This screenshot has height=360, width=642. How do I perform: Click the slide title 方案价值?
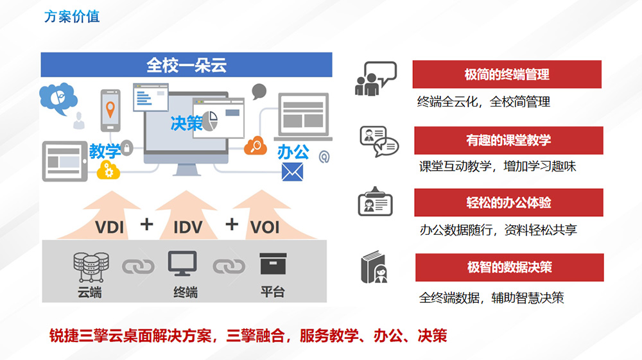pos(71,17)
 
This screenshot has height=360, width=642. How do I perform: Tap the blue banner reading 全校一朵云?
pos(186,65)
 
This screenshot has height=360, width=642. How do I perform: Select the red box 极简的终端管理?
pos(507,74)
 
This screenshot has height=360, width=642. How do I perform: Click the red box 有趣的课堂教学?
pos(508,140)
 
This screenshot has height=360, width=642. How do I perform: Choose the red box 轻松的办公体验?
pos(508,203)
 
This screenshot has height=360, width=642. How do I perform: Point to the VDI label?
pos(109,227)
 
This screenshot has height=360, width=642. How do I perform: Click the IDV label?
pos(187,227)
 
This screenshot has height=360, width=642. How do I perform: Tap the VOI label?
pos(265,227)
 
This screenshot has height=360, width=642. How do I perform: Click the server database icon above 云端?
pos(91,266)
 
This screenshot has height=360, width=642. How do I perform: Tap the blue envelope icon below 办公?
pos(292,172)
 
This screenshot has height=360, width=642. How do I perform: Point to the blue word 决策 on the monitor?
pos(187,123)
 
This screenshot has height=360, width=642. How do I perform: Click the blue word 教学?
pos(105,151)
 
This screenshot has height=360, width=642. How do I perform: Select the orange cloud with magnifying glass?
pos(256,146)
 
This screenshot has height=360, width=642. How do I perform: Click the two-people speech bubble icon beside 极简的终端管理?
pos(376,79)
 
